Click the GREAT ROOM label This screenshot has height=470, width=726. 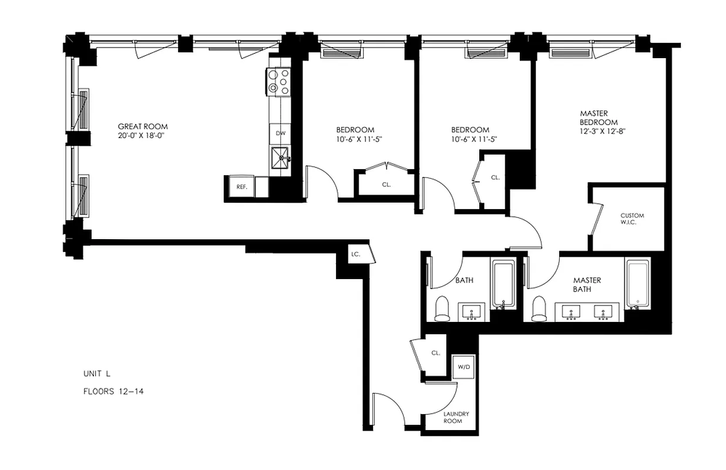click(x=143, y=126)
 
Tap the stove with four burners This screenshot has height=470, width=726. click(x=280, y=82)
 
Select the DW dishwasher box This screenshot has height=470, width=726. click(x=281, y=133)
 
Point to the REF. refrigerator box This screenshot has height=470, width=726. click(x=241, y=187)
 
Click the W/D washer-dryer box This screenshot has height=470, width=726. click(x=464, y=367)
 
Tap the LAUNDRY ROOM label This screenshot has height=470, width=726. click(x=452, y=417)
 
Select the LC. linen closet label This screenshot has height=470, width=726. click(x=355, y=254)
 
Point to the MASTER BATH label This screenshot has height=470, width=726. click(x=587, y=285)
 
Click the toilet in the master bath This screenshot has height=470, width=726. click(x=539, y=309)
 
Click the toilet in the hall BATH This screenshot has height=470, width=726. click(x=442, y=309)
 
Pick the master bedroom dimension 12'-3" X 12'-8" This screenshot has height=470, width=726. click(x=603, y=132)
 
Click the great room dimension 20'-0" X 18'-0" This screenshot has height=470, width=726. click(x=143, y=136)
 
